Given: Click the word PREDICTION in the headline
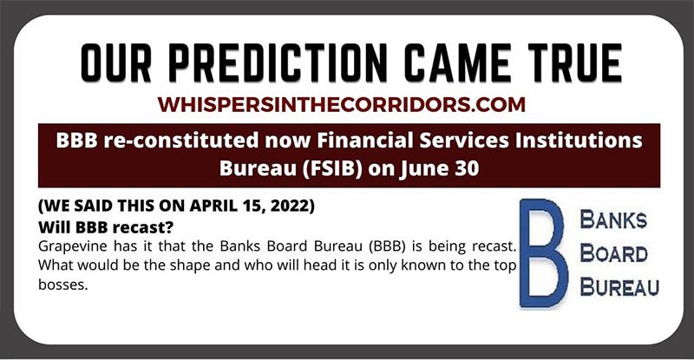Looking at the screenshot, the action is pyautogui.click(x=278, y=62).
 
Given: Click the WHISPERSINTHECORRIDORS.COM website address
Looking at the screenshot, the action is pyautogui.click(x=341, y=104).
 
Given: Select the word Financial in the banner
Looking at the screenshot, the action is pyautogui.click(x=365, y=141).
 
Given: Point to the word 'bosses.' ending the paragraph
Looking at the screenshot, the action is pyautogui.click(x=63, y=285).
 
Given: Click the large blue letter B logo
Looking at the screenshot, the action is pyautogui.click(x=543, y=253).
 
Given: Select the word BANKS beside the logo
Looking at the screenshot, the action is pyautogui.click(x=613, y=219).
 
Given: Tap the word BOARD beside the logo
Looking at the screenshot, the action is pyautogui.click(x=614, y=253).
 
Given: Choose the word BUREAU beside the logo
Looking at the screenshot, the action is pyautogui.click(x=619, y=287).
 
